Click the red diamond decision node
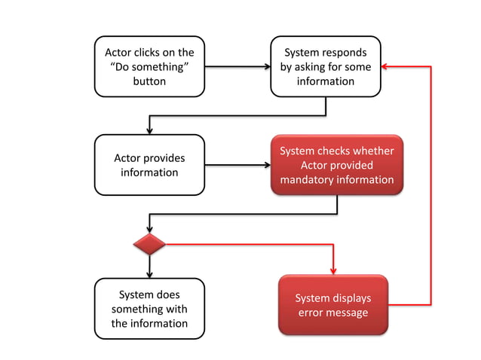tap(149, 244)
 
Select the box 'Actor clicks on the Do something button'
tap(149, 66)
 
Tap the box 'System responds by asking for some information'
tap(325, 66)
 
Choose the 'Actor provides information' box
tap(149, 165)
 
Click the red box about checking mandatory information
tap(336, 166)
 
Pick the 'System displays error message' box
tap(332, 305)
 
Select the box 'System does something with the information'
tap(149, 309)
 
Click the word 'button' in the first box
tap(149, 81)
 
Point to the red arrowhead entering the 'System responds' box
tap(384, 66)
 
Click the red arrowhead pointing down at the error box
tap(332, 270)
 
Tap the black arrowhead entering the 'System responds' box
tap(266, 66)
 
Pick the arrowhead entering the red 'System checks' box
tap(266, 165)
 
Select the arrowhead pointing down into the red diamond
tap(149, 229)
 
